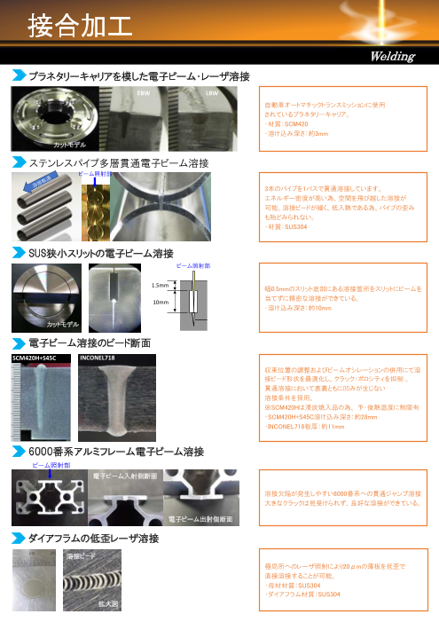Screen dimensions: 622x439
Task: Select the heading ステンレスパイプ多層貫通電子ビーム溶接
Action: tap(119, 162)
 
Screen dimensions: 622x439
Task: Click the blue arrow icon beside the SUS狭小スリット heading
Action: tap(18, 254)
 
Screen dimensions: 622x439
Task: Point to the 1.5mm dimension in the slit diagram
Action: tap(161, 285)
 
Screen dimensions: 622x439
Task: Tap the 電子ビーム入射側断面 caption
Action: tap(125, 476)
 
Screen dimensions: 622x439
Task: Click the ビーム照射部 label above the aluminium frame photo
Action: tap(52, 464)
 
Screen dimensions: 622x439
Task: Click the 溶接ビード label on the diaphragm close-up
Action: tap(82, 555)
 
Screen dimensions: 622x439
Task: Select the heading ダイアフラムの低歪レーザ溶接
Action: tap(94, 539)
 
